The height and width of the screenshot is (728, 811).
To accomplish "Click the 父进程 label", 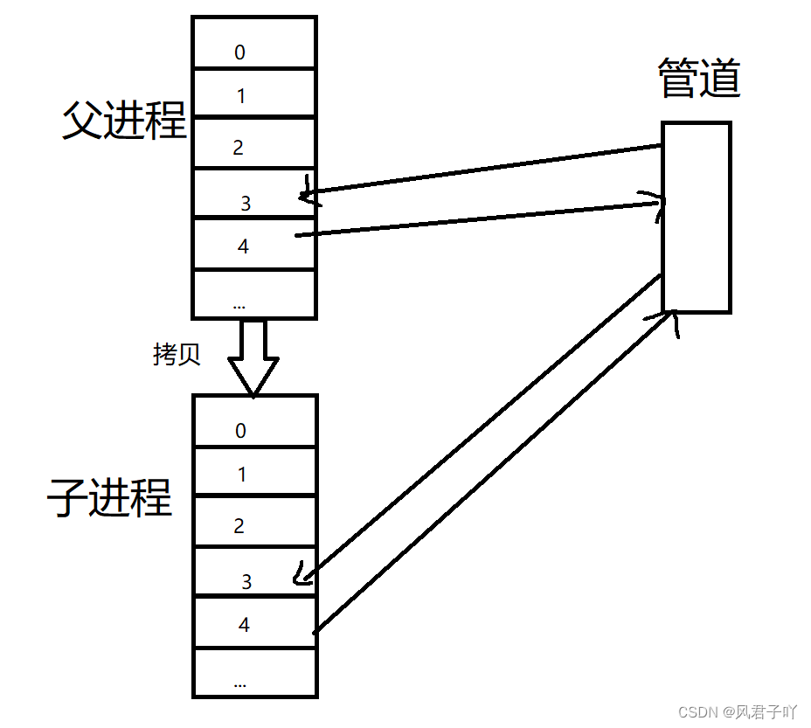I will (124, 121).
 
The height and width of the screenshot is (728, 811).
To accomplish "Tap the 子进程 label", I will (109, 499).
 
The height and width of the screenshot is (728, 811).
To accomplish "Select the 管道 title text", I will (698, 80).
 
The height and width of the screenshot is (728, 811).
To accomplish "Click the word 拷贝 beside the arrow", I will (177, 354).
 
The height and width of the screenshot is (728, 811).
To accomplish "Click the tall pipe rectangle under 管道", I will (696, 218).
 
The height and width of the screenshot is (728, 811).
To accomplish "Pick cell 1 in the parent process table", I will (253, 94).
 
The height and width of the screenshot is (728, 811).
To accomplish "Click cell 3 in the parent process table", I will (253, 194).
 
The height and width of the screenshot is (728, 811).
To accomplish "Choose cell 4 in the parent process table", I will (253, 245).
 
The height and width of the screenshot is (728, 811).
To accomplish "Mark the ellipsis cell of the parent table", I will (253, 295).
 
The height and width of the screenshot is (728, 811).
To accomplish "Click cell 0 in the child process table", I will (254, 422).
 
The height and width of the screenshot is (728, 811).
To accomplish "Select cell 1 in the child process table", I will (254, 472).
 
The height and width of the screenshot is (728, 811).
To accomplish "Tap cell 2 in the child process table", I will (254, 523).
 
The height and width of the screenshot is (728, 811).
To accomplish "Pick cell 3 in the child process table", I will (254, 572).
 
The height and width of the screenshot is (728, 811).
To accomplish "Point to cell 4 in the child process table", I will (254, 622).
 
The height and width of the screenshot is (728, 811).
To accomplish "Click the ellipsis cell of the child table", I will (254, 673).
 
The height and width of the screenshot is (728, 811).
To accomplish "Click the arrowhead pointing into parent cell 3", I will (306, 194).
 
